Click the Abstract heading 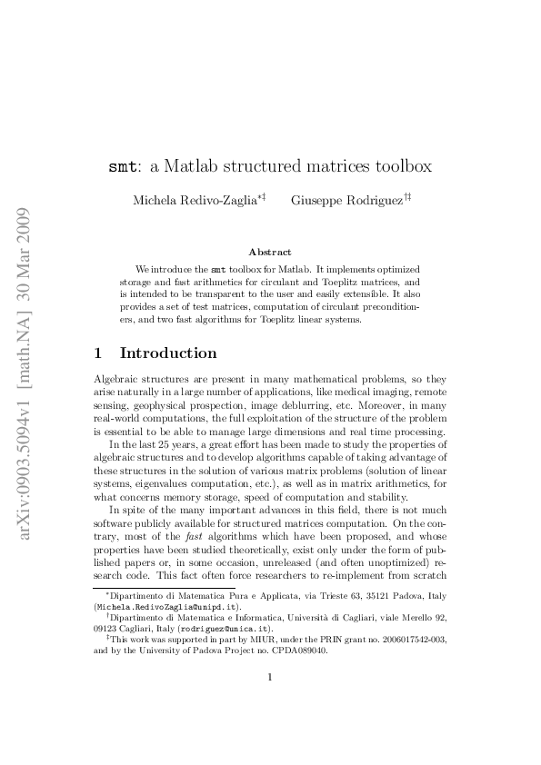(270, 252)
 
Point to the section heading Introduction (168, 353)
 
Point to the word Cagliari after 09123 (139, 627)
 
